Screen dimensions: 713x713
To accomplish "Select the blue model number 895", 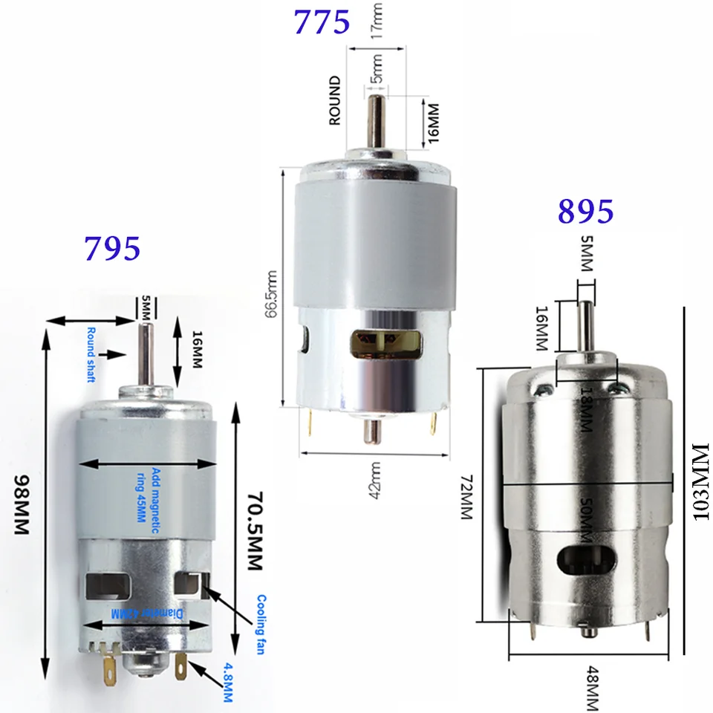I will point(585,212).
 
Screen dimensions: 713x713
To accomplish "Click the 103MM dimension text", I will point(701,483).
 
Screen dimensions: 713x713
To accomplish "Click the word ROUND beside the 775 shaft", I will point(335,100).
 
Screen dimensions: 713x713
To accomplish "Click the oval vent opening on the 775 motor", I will point(385,343).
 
